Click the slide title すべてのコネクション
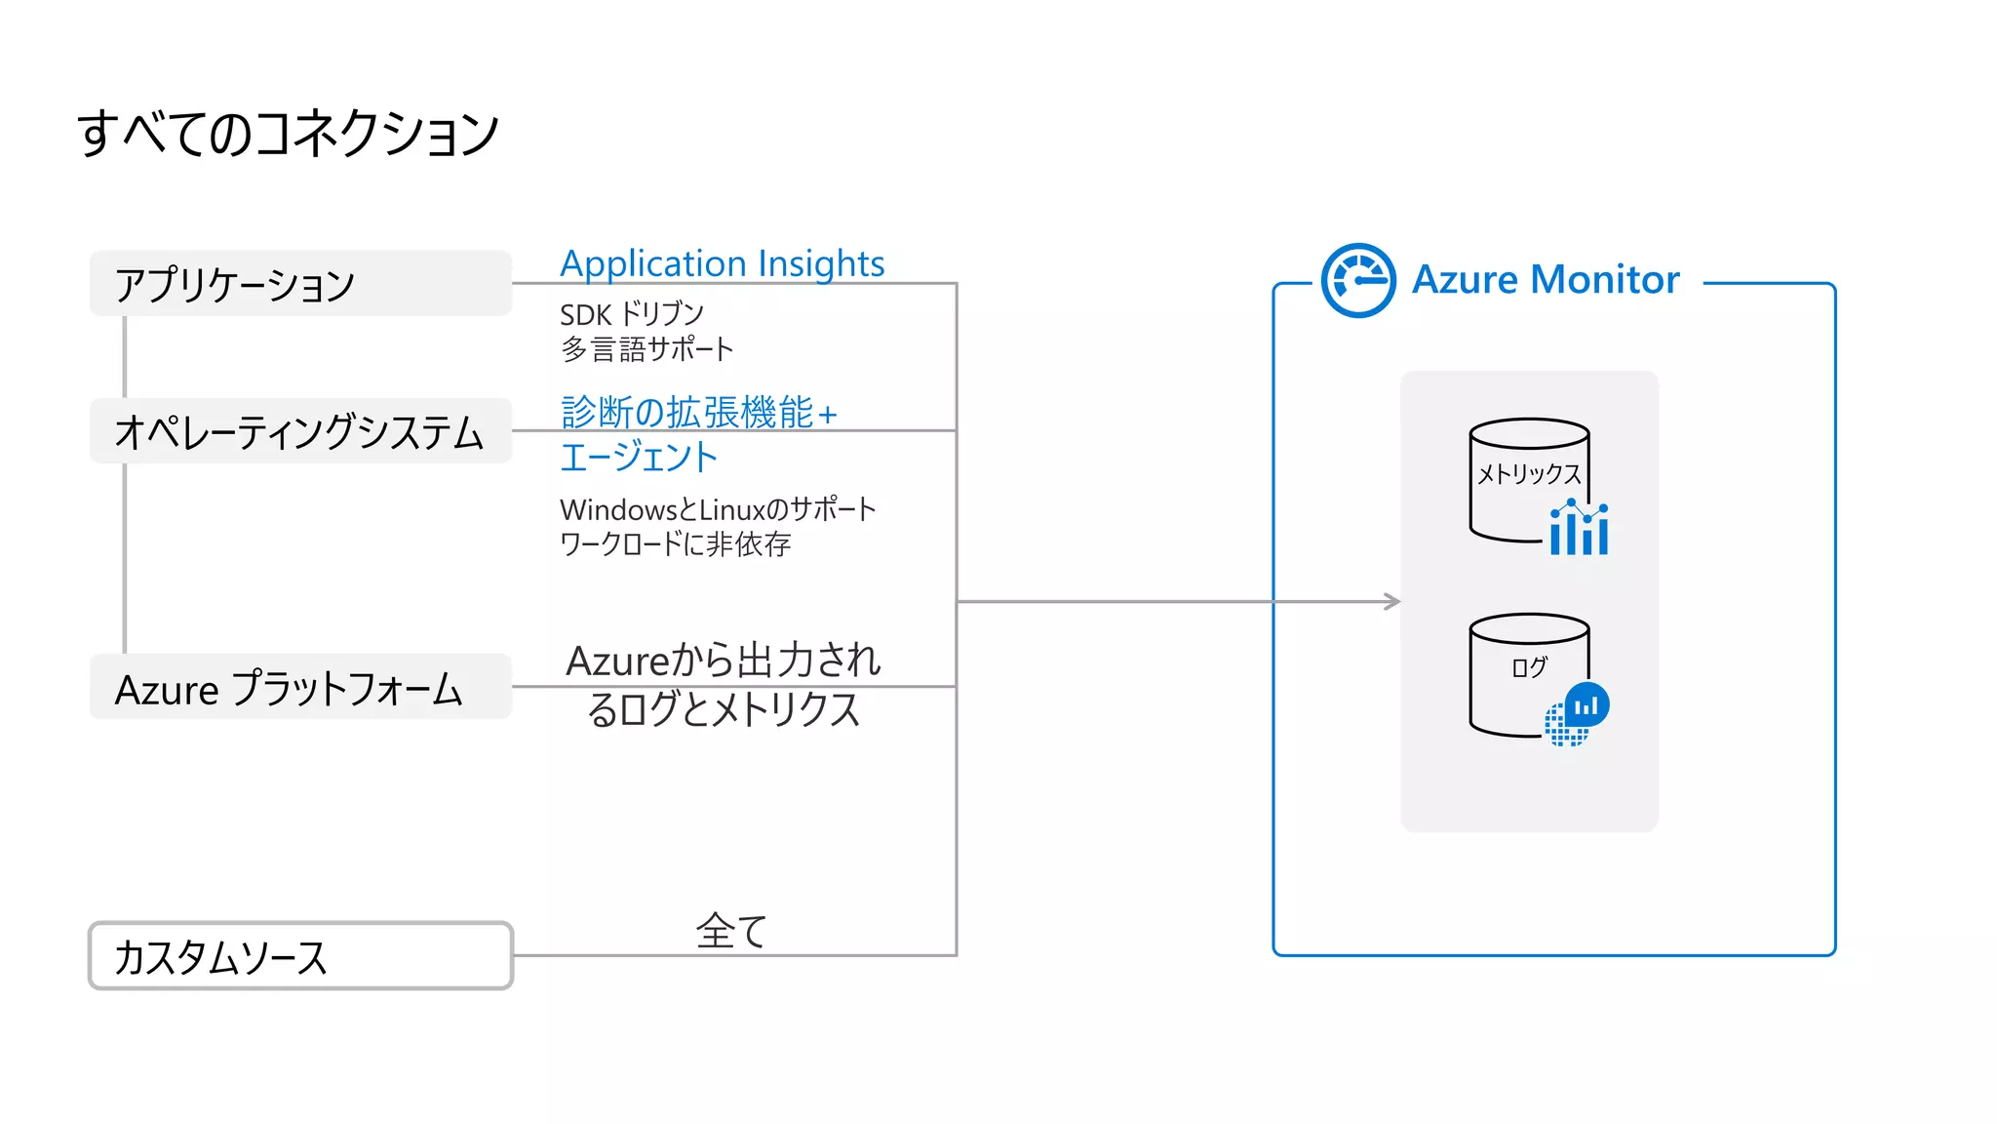coord(288,134)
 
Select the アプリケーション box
coord(300,284)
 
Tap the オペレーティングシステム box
coord(300,431)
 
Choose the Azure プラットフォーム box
coord(300,688)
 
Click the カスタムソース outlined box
coord(300,956)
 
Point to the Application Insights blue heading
coord(722,263)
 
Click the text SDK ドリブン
coord(631,314)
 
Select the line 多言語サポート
coord(646,349)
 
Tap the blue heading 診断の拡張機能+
coord(698,413)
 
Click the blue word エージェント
coord(639,458)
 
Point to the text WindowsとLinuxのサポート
coord(718,509)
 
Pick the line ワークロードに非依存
coord(675,543)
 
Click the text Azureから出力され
coord(724,661)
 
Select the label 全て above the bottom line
coord(731,931)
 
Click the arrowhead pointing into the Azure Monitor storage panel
coord(1393,601)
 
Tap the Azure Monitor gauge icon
coord(1358,280)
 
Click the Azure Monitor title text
coord(1546,280)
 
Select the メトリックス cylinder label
coord(1528,474)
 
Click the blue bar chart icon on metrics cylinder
coord(1579,529)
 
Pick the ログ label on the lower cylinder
coord(1529,667)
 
